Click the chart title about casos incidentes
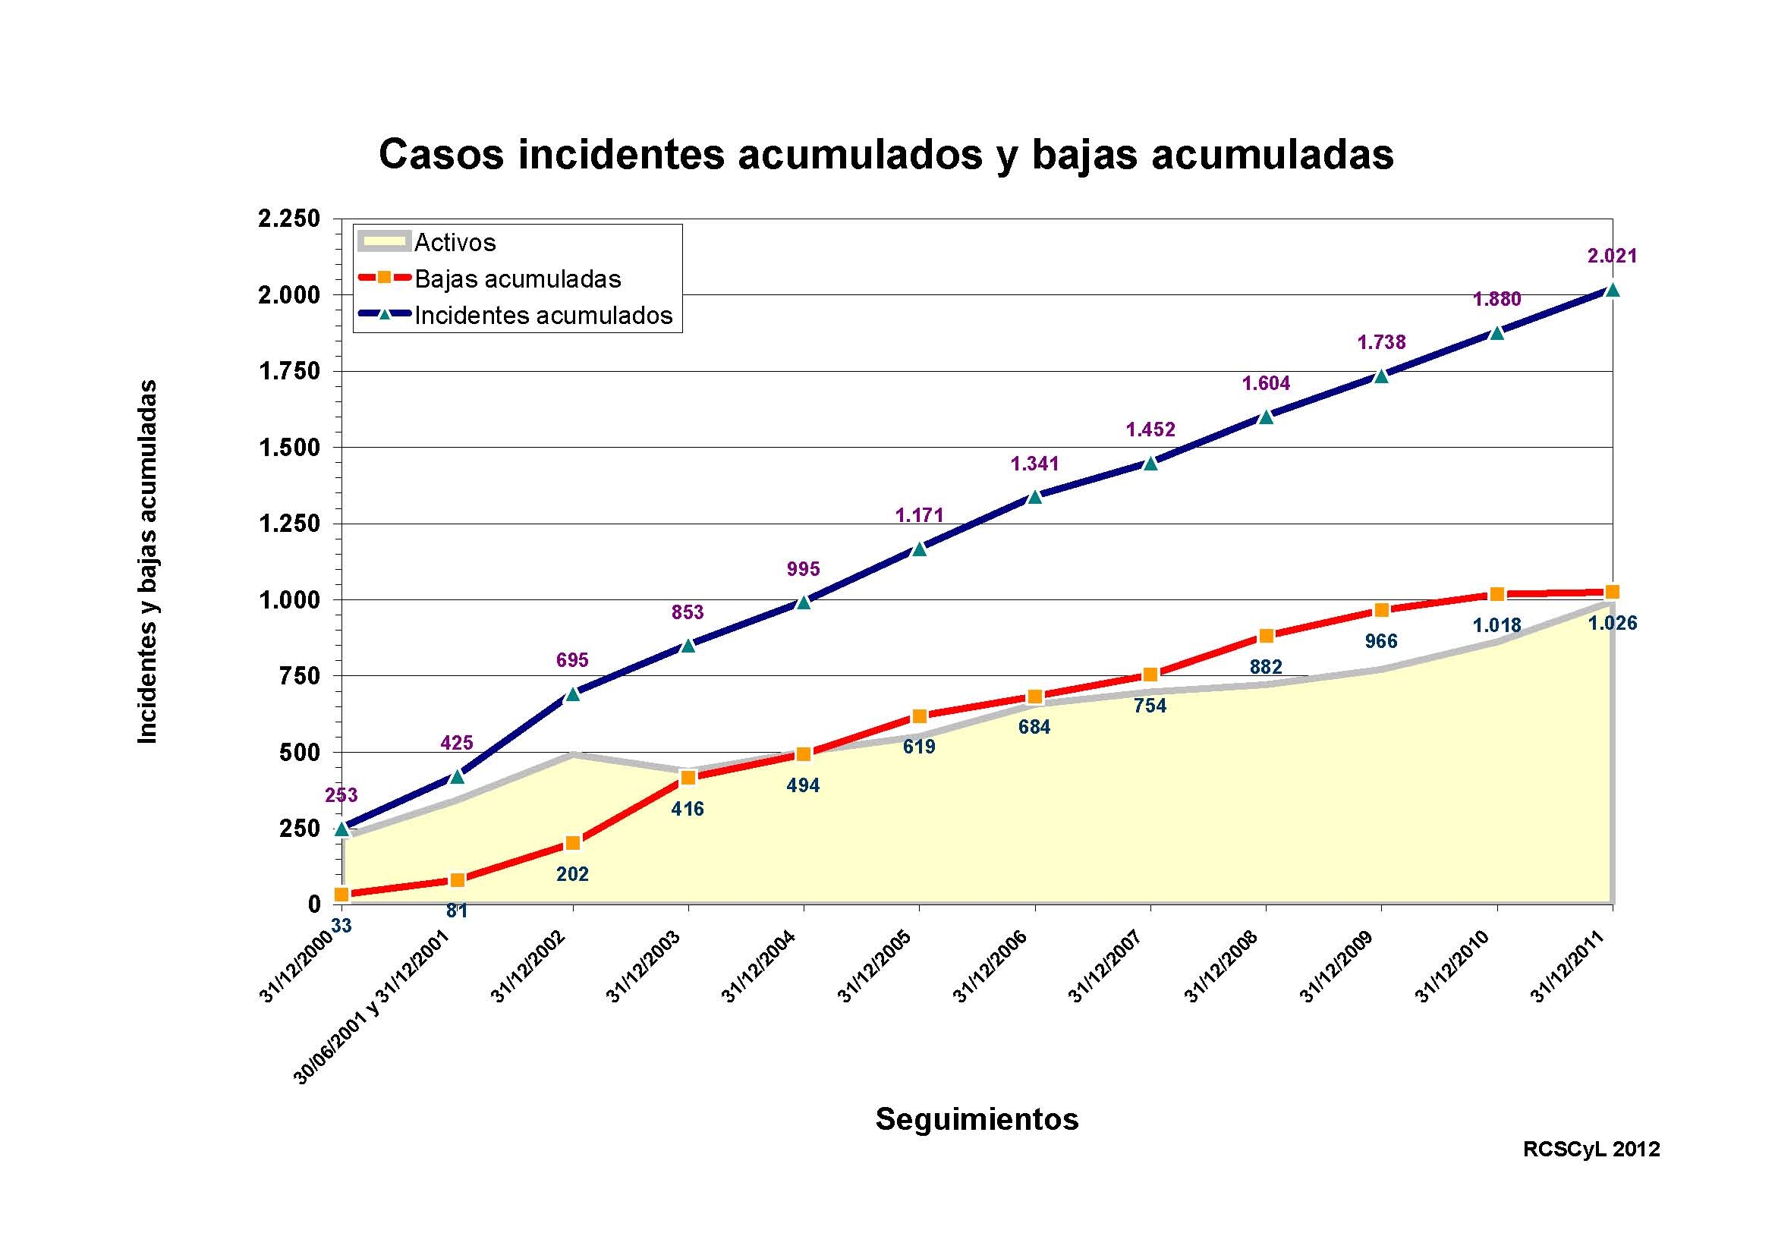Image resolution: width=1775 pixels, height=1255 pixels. click(x=886, y=156)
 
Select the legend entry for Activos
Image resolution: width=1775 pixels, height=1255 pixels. click(x=455, y=243)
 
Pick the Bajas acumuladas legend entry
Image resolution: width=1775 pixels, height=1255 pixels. click(x=518, y=279)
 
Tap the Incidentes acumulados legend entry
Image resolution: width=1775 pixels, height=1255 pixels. click(x=543, y=316)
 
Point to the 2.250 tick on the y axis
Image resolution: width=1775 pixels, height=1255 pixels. click(x=288, y=219)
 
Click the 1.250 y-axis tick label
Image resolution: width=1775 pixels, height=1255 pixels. click(x=288, y=524)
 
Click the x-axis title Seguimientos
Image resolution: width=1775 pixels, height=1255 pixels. click(x=977, y=1119)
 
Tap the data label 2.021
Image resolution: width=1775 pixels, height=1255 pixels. click(x=1612, y=256)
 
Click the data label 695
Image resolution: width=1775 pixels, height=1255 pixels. click(x=572, y=660)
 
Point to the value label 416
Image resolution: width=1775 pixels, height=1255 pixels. click(x=688, y=809)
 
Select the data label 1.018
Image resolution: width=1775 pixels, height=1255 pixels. click(x=1496, y=625)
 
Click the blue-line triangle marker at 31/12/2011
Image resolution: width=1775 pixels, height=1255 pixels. click(x=1612, y=290)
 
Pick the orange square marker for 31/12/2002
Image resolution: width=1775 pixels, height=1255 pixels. click(x=573, y=843)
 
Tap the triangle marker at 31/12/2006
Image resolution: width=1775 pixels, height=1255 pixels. click(x=1034, y=497)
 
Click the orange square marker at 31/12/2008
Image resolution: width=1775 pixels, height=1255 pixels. click(x=1266, y=636)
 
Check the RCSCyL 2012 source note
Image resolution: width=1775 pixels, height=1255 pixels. click(x=1591, y=1171)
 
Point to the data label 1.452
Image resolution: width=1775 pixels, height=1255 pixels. click(x=1150, y=429)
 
